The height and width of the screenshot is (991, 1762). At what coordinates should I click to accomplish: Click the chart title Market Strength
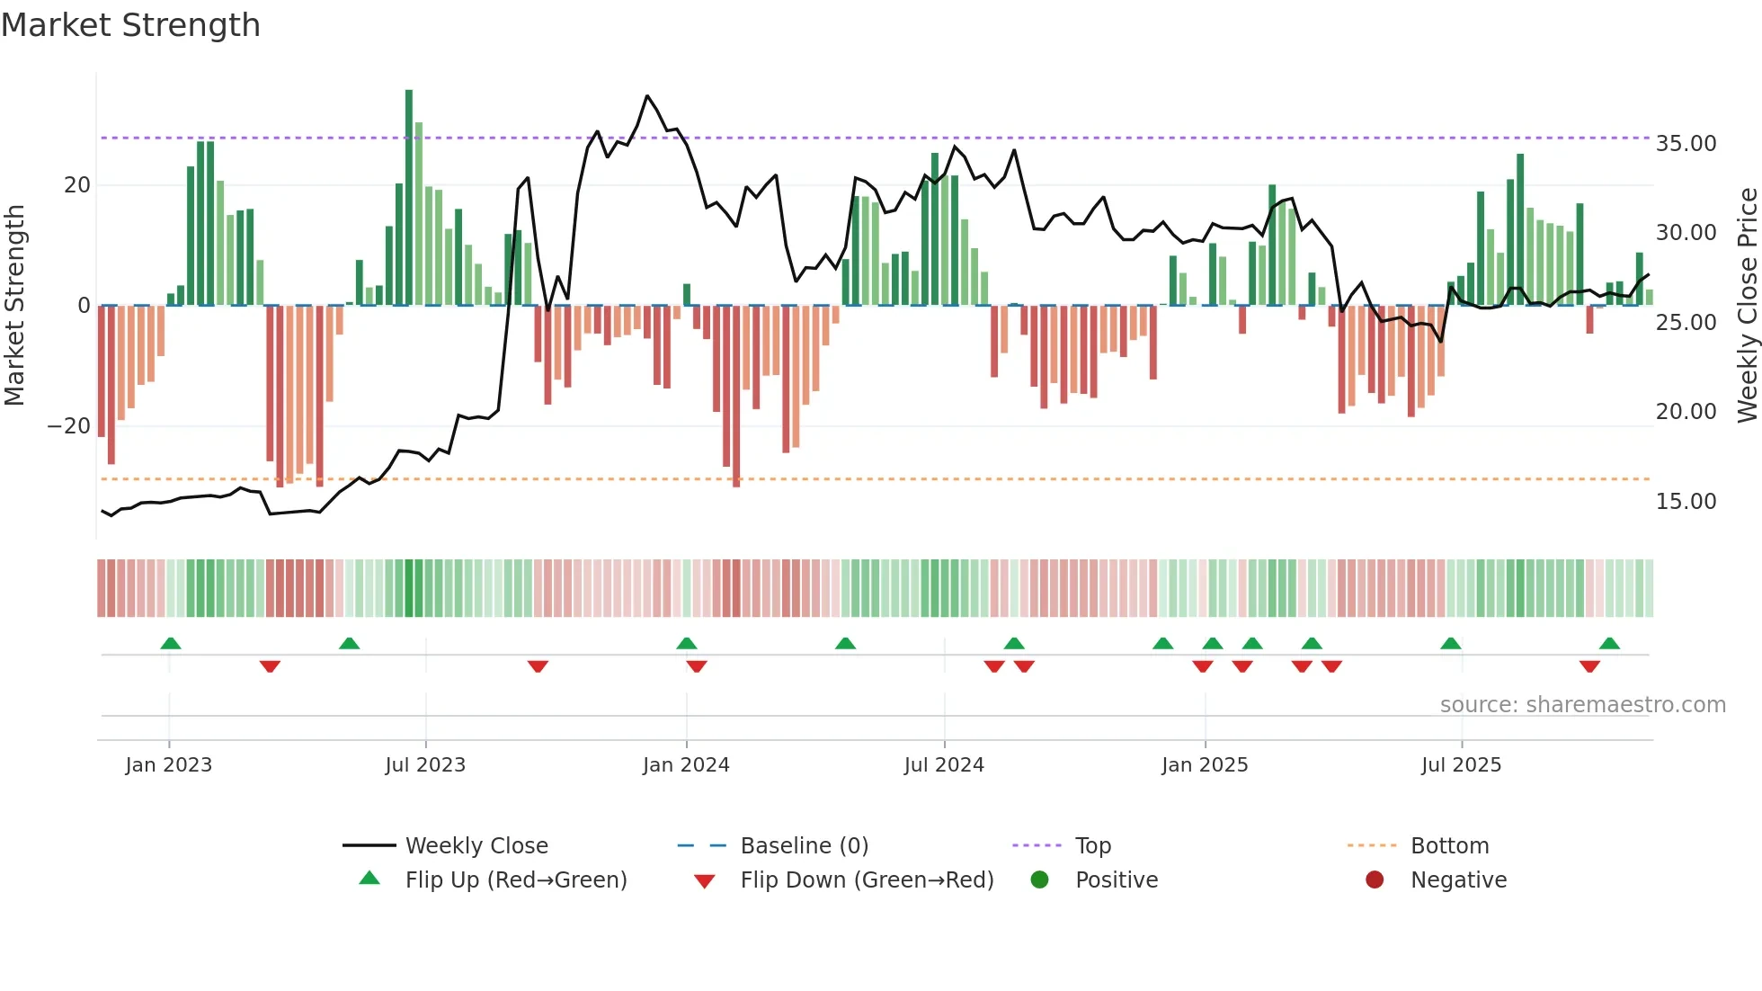point(131,25)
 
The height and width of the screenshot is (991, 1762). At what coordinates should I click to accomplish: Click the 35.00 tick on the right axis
point(1686,144)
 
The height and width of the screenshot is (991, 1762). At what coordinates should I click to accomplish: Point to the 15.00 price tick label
point(1686,502)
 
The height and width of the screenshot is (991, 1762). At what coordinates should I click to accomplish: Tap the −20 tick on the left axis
point(69,426)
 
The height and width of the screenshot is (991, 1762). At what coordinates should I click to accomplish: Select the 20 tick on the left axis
point(77,185)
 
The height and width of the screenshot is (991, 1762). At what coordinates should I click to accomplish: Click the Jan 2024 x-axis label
point(686,765)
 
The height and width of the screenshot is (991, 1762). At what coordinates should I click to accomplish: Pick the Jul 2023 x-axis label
point(425,765)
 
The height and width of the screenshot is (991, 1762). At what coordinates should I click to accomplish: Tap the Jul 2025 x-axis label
point(1461,765)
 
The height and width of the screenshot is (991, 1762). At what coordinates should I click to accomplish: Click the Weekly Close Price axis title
point(1747,306)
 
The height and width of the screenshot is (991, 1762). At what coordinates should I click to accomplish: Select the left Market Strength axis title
point(14,306)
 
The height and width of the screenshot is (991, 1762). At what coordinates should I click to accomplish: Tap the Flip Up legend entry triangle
point(369,879)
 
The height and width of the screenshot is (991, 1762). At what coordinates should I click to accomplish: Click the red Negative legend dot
point(1375,879)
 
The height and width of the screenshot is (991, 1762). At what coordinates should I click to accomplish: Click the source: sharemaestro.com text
point(1582,705)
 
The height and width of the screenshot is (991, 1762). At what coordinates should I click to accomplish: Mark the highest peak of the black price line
point(647,95)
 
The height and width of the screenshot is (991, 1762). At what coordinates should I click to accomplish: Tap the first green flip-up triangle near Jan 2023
point(171,643)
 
